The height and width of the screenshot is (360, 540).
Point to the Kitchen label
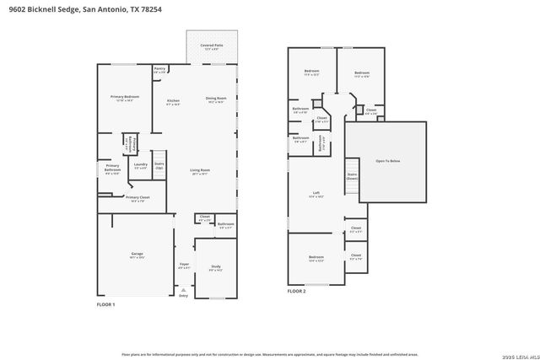tap(173, 102)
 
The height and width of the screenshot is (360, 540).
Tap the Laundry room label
tap(141, 165)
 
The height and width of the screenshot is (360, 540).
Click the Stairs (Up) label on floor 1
tap(159, 166)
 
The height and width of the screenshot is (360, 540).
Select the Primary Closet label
tap(137, 199)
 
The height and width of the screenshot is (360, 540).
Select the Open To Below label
tap(387, 160)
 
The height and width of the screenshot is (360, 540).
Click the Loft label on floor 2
tap(316, 194)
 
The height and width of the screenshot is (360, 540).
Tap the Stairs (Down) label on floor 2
tap(352, 177)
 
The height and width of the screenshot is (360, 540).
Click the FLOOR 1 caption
tap(105, 304)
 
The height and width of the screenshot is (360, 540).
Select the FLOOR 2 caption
tap(296, 291)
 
